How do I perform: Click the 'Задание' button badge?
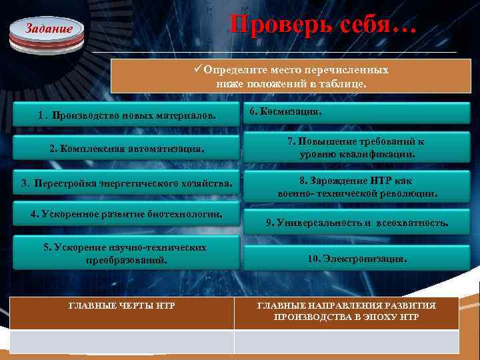(47, 30)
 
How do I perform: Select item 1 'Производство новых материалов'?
(126, 117)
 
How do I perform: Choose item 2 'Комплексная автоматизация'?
(126, 148)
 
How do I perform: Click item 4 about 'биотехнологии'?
(126, 214)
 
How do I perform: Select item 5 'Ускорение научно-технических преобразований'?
(126, 254)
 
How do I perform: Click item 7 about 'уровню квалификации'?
(357, 148)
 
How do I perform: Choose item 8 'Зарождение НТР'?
(357, 187)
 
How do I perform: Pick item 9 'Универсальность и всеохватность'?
(357, 223)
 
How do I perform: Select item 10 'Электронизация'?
(357, 258)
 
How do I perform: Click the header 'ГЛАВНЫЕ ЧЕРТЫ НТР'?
(122, 306)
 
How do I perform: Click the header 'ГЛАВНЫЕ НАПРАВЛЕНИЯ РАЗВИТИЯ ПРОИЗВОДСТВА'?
(347, 311)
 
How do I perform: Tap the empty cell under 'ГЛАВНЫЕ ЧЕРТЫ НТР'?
(122, 341)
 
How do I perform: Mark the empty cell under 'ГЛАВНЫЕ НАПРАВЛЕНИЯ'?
(347, 341)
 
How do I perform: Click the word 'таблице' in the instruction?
(343, 85)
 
